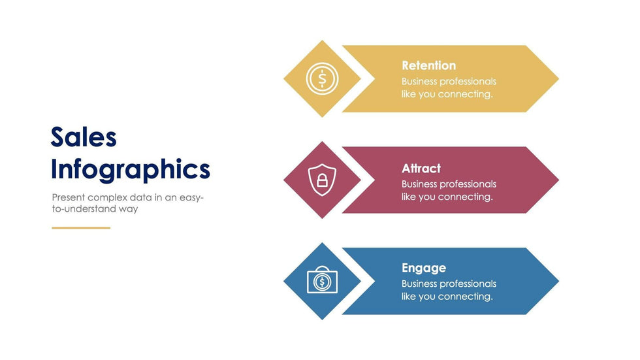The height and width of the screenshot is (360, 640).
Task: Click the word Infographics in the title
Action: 131,169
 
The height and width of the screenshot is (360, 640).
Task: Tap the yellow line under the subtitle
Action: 81,228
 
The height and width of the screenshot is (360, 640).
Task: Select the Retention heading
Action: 428,65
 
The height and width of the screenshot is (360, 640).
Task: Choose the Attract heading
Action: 421,168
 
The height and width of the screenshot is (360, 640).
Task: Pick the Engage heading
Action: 424,268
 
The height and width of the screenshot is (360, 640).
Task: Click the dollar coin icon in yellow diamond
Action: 322,78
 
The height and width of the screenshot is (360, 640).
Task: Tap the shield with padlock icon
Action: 322,180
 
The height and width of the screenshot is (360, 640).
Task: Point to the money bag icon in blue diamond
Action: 322,280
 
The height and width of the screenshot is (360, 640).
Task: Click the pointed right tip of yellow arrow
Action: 558,79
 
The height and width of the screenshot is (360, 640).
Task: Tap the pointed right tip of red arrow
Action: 558,180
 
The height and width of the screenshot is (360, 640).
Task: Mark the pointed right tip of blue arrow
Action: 558,281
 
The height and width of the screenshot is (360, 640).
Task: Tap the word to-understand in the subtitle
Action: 84,209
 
